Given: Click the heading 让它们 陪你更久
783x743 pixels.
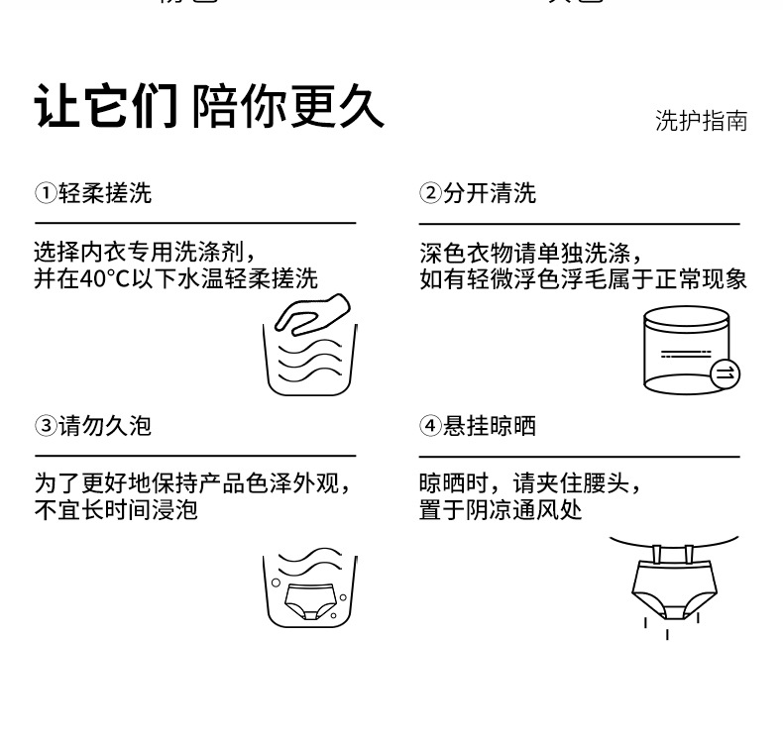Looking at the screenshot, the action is coord(209,105).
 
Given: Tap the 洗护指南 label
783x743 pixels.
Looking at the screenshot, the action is coord(701,121).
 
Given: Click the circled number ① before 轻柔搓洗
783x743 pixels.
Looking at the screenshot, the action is coord(45,193).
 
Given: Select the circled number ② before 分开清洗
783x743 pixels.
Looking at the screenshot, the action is coord(429,193).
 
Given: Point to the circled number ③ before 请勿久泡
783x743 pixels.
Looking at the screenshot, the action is coord(45,426).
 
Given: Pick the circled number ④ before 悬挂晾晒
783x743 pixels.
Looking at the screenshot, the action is coord(429,426).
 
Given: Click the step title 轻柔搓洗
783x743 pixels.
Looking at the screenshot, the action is coord(105,193).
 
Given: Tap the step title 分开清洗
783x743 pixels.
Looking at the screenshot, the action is coord(490,193).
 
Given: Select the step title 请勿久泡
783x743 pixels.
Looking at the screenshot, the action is coord(105,426).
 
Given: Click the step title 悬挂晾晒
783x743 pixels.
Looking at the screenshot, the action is coord(490,426).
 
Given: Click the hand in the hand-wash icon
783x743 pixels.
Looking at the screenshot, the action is coord(311,312).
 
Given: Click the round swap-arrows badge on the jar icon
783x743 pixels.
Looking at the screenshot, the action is coord(725,372).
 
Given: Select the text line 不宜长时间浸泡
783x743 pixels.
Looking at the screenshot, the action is coord(116,511).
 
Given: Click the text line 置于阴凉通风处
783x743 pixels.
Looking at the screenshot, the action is coord(501,511).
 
